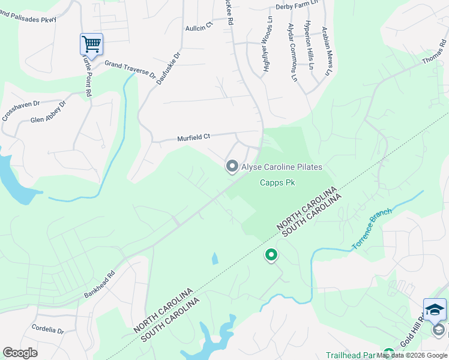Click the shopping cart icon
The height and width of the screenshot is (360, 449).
(91, 43)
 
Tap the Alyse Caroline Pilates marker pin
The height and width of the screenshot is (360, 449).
(232, 166)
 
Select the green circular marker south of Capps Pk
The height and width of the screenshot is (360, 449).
(271, 256)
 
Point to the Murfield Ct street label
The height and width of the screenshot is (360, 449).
(193, 137)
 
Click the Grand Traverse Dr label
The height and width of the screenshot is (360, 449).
(130, 69)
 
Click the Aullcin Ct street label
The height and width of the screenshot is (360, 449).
(199, 27)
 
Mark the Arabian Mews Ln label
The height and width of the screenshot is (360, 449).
(327, 51)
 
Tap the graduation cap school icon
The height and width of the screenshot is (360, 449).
(435, 310)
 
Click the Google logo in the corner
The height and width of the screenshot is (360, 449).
(20, 353)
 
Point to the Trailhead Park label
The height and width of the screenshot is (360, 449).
(351, 355)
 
